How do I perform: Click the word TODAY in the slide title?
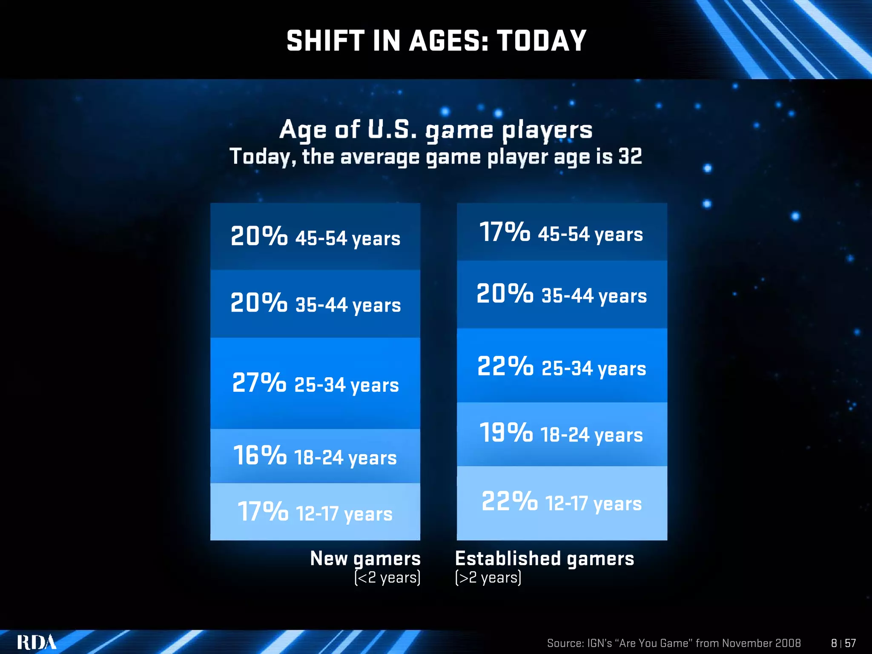(542, 41)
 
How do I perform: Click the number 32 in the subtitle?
(630, 156)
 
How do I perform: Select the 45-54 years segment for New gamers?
(315, 237)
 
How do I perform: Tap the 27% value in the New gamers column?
(259, 382)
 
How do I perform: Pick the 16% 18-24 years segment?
(315, 456)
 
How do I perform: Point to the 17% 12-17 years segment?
(315, 512)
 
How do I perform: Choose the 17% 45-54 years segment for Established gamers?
(562, 232)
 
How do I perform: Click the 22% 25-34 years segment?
(562, 366)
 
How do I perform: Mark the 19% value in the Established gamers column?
(505, 433)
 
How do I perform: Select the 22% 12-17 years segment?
(562, 502)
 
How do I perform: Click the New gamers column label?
(365, 558)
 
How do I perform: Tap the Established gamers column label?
(545, 558)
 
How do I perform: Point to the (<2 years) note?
(387, 578)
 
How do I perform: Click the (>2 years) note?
(488, 578)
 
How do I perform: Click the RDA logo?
(37, 642)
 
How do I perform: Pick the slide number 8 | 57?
(843, 643)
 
